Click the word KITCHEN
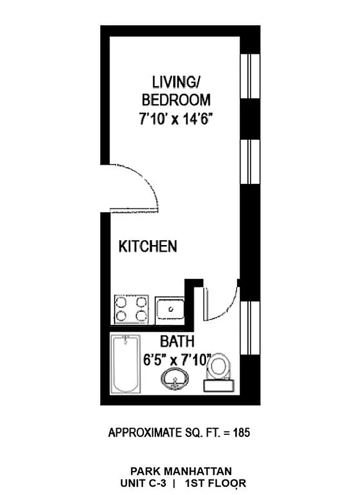(148, 247)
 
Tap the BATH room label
(178, 341)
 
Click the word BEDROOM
(176, 100)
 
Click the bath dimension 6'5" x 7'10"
(178, 359)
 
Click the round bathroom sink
(176, 379)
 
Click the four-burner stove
(132, 309)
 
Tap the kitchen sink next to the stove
(169, 309)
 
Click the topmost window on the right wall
(249, 75)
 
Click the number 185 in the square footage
(241, 433)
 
